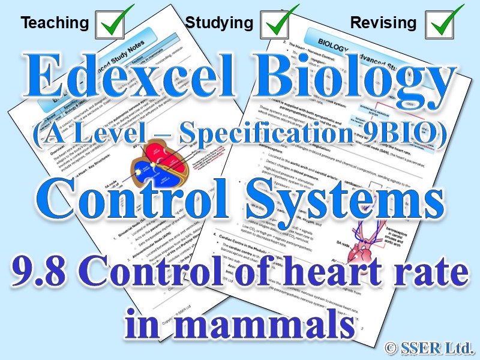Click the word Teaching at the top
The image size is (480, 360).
click(55, 23)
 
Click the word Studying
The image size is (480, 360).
click(219, 23)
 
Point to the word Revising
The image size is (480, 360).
click(383, 23)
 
